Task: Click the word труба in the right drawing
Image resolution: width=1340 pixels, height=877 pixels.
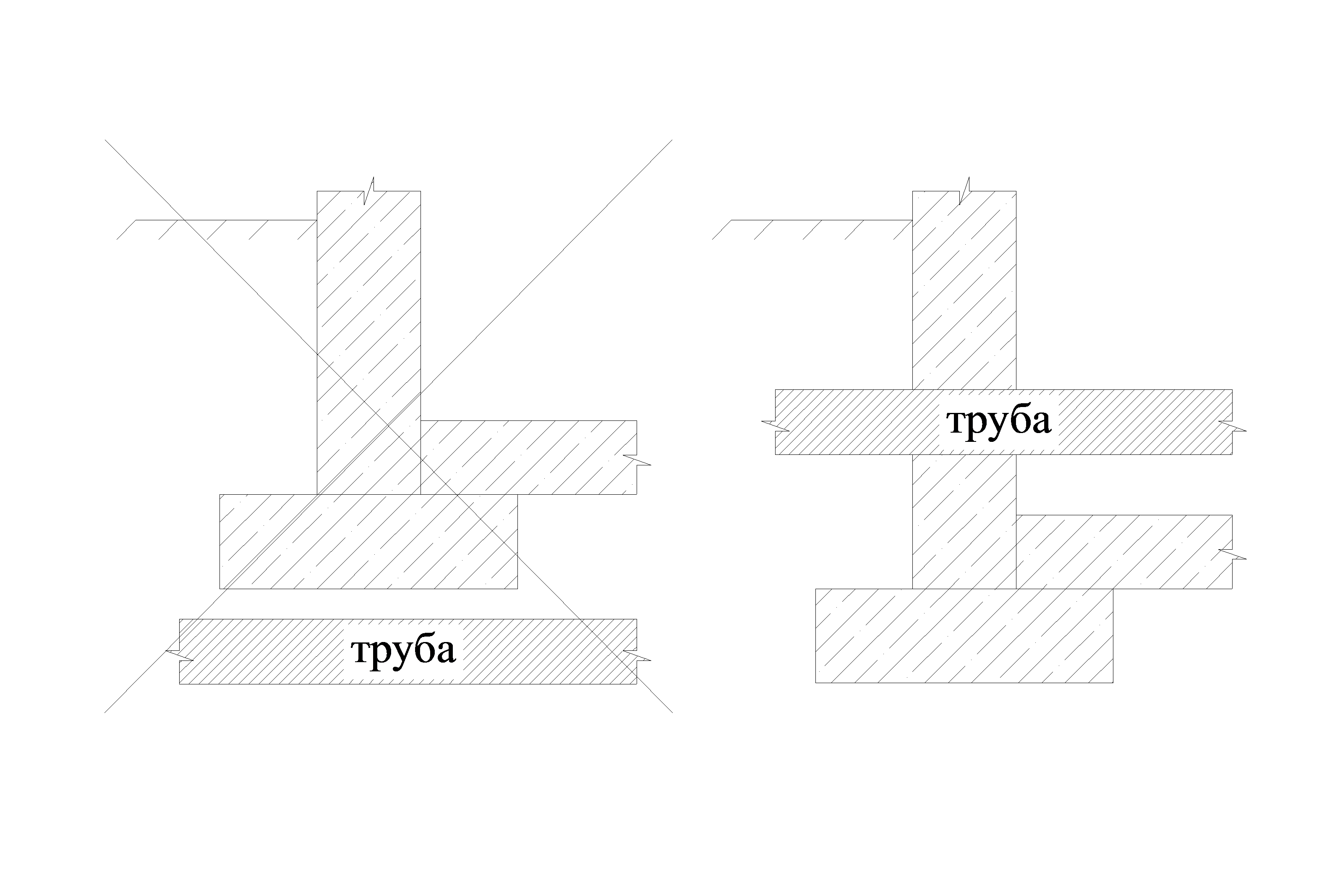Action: click(x=999, y=422)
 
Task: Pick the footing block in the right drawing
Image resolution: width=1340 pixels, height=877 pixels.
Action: click(x=964, y=636)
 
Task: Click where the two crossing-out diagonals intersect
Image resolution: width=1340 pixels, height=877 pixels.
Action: click(x=389, y=426)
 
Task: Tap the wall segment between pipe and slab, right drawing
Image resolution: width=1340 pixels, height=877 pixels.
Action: click(x=964, y=521)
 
